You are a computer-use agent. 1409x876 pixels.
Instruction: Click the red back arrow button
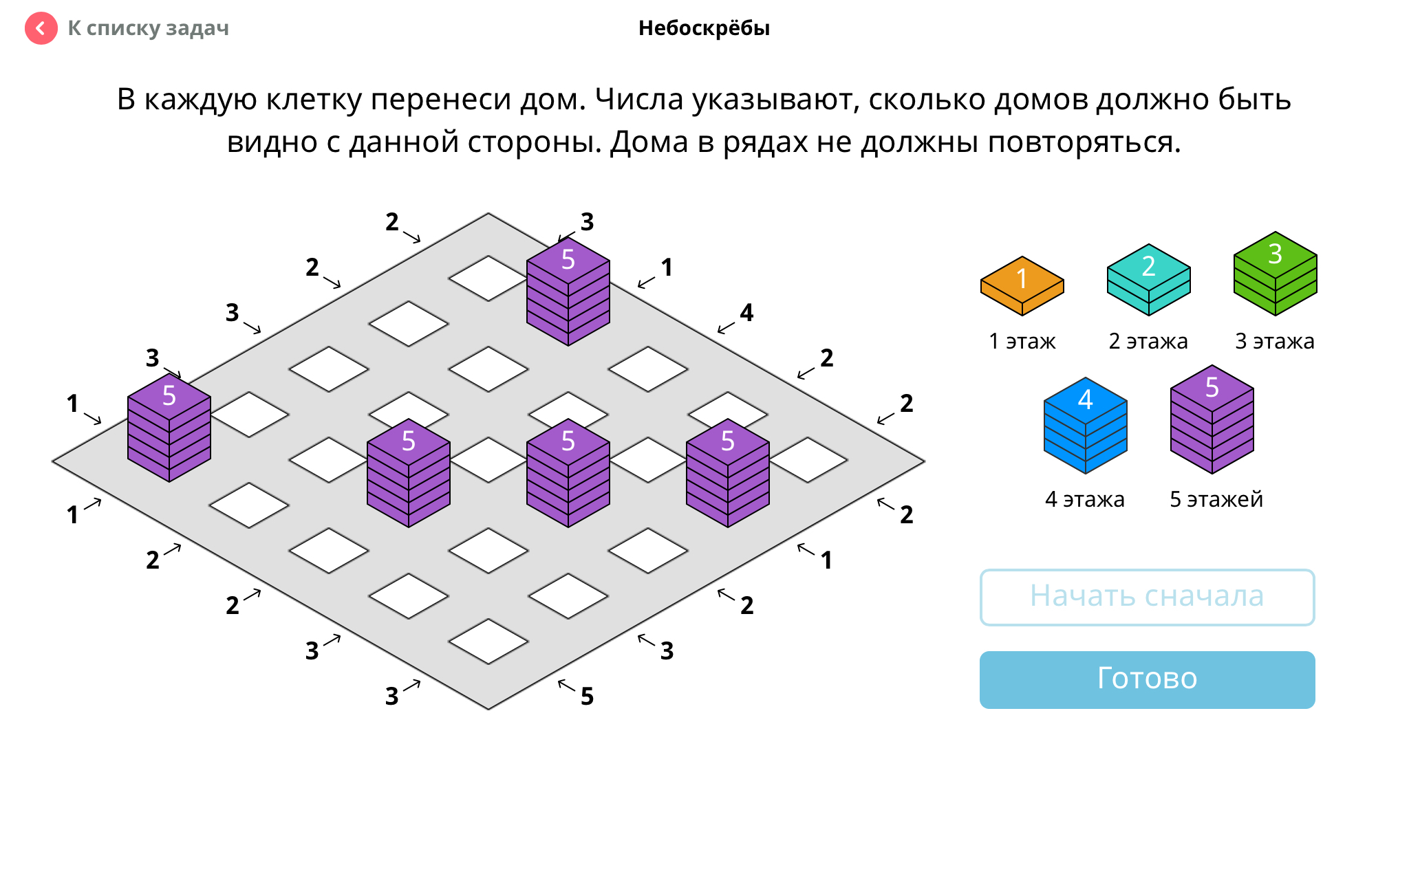point(41,28)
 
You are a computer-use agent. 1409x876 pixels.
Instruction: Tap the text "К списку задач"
point(148,28)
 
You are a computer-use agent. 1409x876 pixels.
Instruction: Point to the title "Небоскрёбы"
point(704,28)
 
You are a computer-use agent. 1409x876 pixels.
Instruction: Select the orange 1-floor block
point(1022,286)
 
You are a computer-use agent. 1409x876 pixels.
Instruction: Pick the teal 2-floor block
point(1149,280)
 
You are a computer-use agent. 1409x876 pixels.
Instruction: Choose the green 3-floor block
point(1276,274)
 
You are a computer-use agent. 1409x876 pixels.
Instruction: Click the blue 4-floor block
point(1086,426)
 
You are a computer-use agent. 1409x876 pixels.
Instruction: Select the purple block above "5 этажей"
point(1212,419)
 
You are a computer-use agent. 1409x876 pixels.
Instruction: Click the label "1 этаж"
point(1022,341)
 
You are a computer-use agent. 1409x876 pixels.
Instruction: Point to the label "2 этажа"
point(1148,341)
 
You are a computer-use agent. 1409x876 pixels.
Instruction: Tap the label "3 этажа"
point(1275,341)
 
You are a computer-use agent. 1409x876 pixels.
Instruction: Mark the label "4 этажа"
point(1085,499)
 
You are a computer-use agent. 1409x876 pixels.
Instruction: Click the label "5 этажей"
point(1216,499)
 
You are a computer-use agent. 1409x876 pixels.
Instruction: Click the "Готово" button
point(1148,680)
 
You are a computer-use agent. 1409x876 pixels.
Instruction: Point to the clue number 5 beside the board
point(587,697)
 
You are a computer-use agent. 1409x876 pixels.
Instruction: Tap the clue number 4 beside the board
point(746,313)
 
